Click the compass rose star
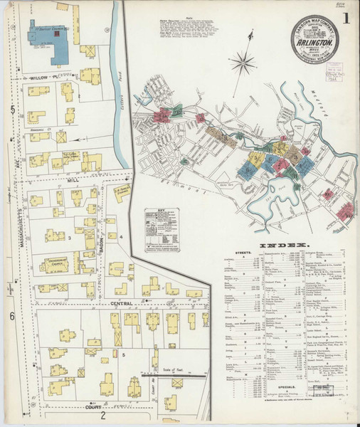[244, 65]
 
